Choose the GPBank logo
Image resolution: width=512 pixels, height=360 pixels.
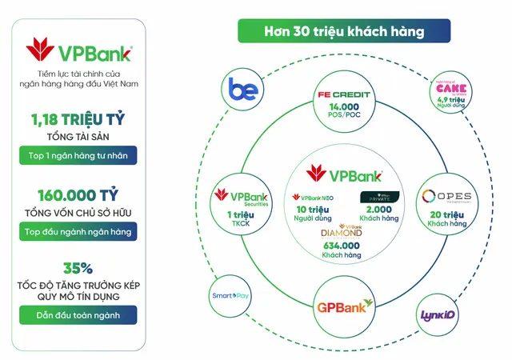[x=343, y=306]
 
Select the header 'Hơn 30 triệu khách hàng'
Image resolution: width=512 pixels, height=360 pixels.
[x=344, y=32]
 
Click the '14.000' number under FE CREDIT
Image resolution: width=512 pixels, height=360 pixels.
[x=342, y=106]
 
